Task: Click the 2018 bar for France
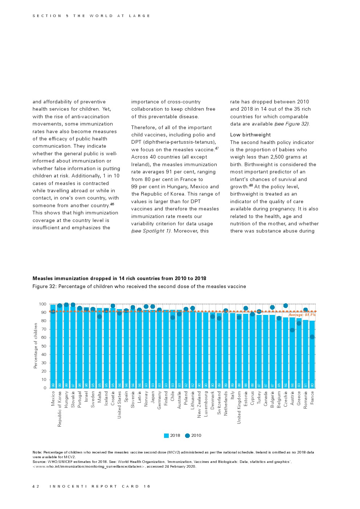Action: click(x=312, y=354)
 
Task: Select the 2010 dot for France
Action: click(x=312, y=337)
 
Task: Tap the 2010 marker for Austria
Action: click(x=292, y=330)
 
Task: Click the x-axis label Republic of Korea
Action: click(x=60, y=409)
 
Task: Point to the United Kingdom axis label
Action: click(x=239, y=407)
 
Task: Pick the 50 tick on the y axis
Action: click(x=44, y=346)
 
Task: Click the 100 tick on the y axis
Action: click(x=42, y=304)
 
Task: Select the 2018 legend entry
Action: click(x=172, y=435)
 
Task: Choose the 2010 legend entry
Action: click(x=193, y=435)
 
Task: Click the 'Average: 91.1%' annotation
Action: click(x=302, y=315)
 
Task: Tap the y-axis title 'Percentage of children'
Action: click(x=36, y=346)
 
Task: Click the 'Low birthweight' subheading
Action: click(x=250, y=135)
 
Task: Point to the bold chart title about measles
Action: click(x=119, y=279)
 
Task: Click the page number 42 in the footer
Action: click(x=36, y=486)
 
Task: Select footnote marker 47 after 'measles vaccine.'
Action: click(x=217, y=148)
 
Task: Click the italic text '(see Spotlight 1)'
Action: click(x=151, y=231)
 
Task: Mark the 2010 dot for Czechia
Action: click(x=286, y=306)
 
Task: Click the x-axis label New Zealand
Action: click(x=199, y=405)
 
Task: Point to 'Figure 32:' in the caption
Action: click(x=45, y=287)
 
